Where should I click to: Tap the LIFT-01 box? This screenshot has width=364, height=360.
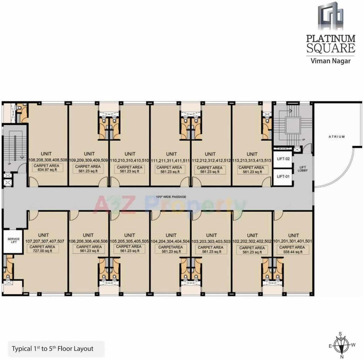point(283,177)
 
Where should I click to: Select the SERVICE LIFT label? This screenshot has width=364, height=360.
point(14,241)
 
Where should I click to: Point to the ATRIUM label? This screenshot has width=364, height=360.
point(337,137)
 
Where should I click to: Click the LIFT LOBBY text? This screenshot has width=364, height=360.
point(303,169)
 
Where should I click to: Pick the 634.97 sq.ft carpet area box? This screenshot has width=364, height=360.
point(46,168)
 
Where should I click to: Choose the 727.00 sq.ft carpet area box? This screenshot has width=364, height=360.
point(42,249)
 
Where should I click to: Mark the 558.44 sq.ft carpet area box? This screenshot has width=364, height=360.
point(292,250)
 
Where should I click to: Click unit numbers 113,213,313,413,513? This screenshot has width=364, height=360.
point(252,161)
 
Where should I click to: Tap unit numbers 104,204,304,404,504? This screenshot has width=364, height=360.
point(171,242)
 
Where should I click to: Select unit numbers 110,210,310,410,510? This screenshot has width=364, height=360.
point(130,161)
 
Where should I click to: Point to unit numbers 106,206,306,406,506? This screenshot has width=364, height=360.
point(88,242)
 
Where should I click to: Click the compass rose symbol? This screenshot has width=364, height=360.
point(341,345)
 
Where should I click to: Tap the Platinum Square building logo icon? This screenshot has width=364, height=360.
point(330,15)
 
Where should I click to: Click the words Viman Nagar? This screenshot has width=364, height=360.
point(330,61)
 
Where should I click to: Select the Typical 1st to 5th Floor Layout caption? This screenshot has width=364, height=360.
point(52,349)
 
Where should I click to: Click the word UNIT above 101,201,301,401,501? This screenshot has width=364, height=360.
point(293,235)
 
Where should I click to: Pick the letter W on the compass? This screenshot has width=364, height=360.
point(354,345)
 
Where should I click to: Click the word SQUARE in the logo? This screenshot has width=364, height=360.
point(331,48)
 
